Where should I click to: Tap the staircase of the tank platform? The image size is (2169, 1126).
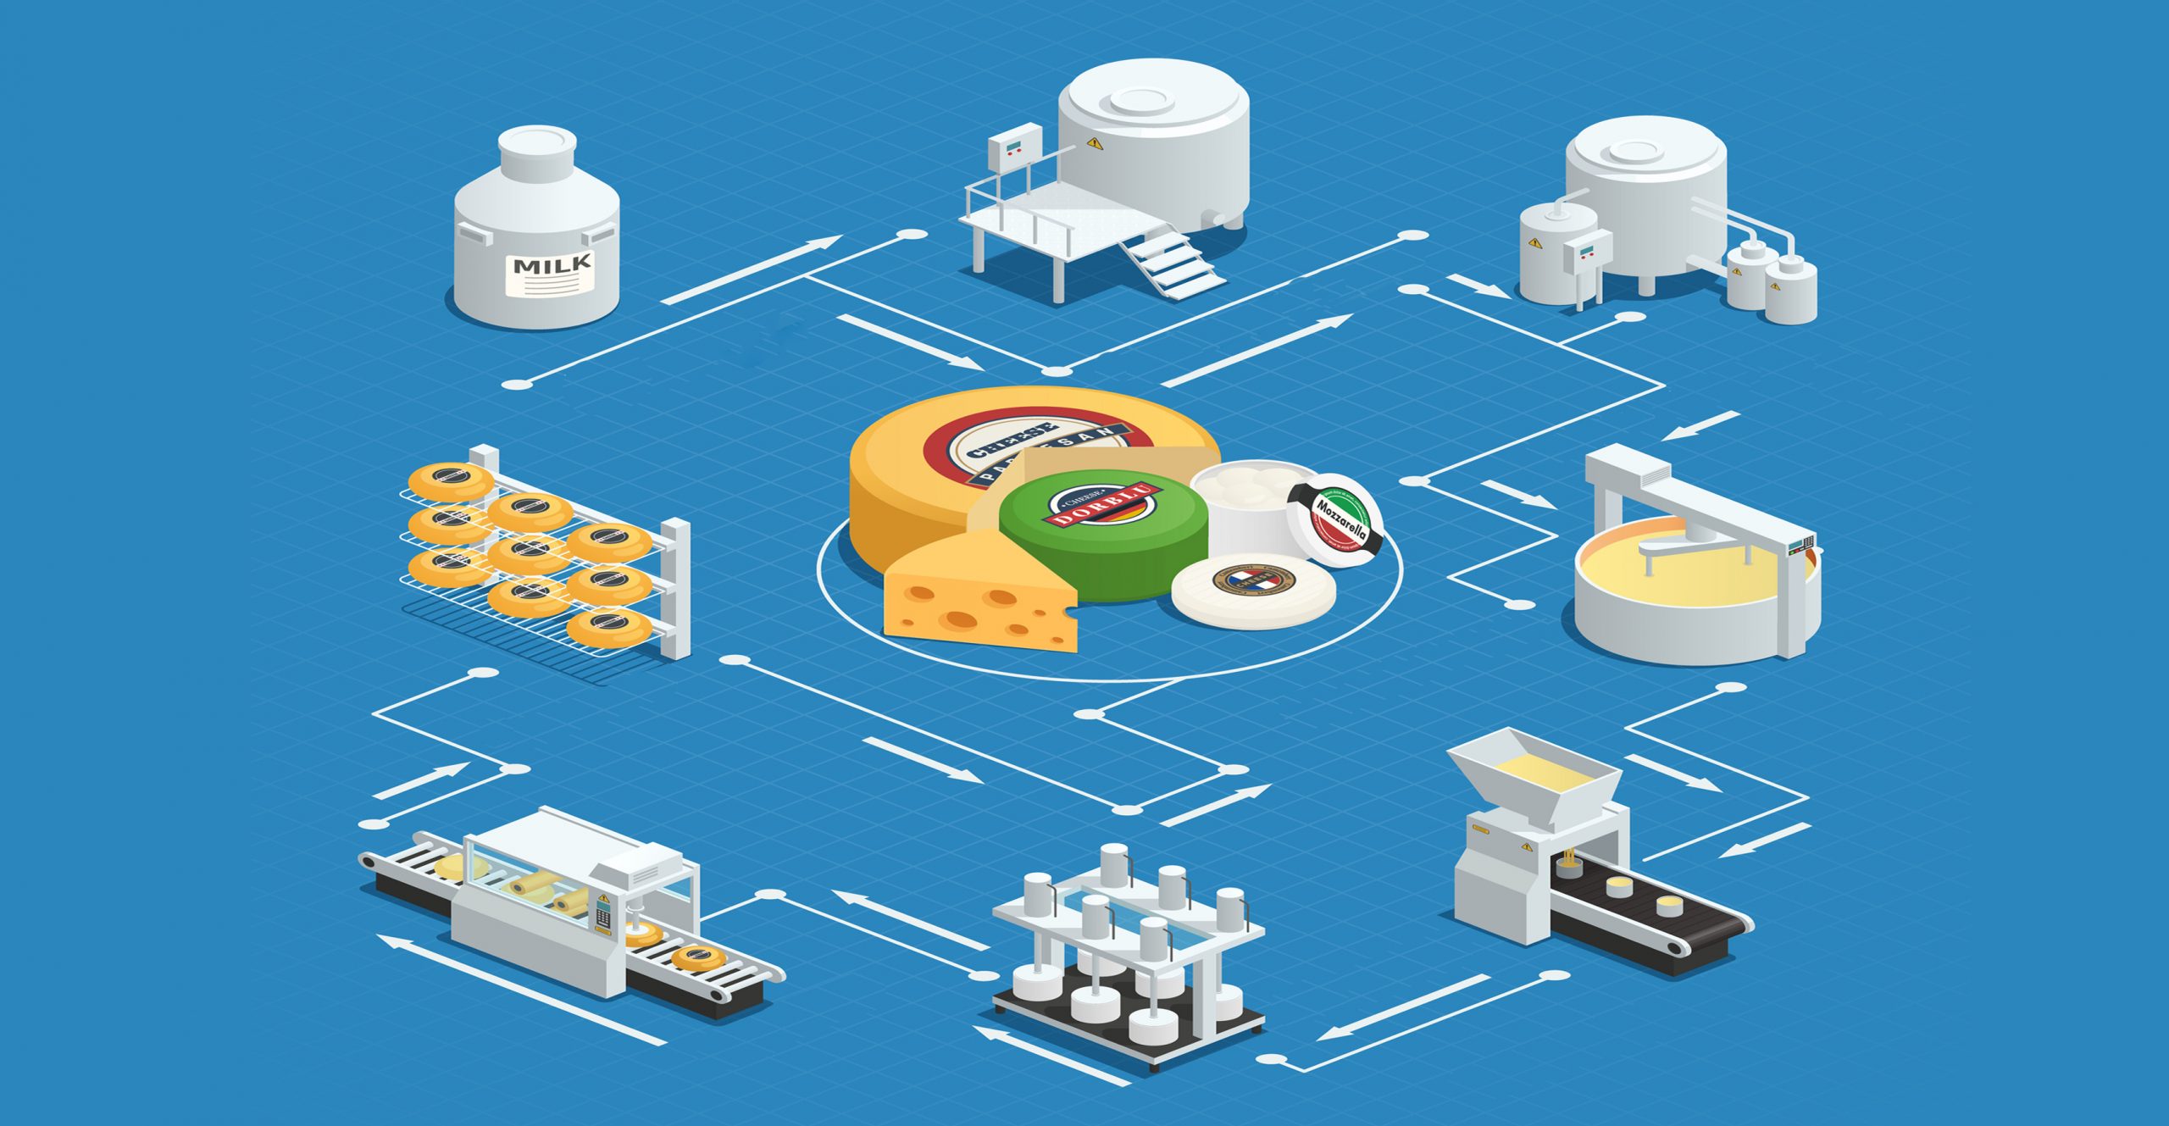click(x=1173, y=263)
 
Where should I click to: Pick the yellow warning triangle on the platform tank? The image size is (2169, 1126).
click(x=1096, y=143)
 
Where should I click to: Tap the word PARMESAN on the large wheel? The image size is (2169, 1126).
click(x=1051, y=458)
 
